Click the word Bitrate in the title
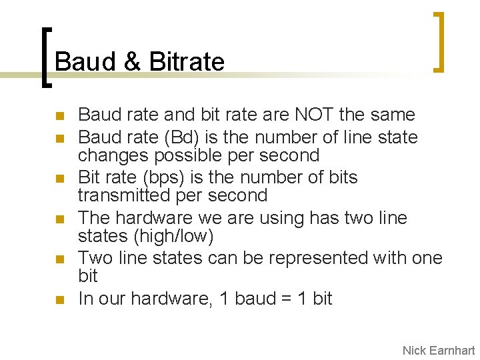tap(187, 62)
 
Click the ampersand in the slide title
tap(132, 62)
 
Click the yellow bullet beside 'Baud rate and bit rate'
tap(60, 116)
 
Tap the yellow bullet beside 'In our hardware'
tap(60, 299)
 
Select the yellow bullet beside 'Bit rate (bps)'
tap(60, 179)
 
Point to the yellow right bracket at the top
tap(437, 41)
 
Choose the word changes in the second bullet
tap(114, 155)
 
